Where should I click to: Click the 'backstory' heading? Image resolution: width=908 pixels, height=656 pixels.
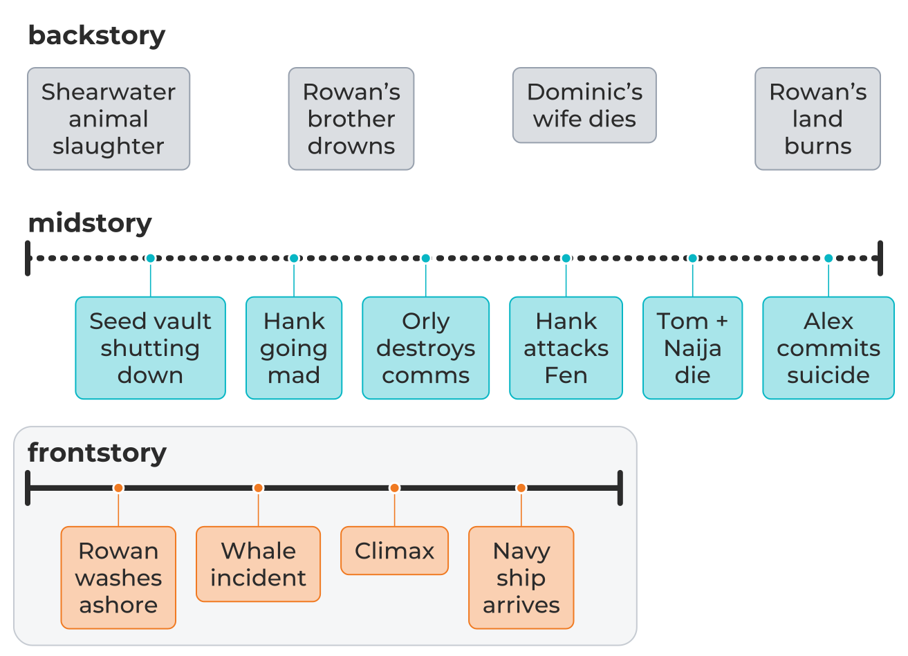(97, 36)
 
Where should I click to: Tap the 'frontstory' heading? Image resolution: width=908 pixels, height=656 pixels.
(98, 453)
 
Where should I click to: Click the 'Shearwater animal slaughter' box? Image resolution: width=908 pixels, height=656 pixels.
(109, 119)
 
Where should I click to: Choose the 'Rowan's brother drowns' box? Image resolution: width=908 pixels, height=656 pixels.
(351, 119)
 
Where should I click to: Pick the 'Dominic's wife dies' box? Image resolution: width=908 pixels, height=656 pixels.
(584, 105)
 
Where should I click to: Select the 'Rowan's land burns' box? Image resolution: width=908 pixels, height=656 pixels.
(817, 119)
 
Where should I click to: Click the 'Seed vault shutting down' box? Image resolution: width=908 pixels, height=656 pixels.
(150, 348)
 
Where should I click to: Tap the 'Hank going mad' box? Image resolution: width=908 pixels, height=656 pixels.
(294, 348)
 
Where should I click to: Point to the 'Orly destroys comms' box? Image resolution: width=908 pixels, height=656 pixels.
(425, 348)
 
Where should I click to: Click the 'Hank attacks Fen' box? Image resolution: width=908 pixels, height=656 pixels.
(566, 348)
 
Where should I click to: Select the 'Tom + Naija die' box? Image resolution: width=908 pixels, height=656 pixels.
(693, 348)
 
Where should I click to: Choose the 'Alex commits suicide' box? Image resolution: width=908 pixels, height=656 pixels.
(828, 348)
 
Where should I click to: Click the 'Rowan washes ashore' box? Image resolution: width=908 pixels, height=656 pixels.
(118, 578)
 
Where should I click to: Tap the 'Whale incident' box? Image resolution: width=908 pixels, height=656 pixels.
(258, 564)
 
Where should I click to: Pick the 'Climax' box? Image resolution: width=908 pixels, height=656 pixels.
(394, 551)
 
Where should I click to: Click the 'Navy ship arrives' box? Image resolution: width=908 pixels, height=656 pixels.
(521, 578)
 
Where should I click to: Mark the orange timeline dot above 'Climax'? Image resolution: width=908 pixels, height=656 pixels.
(394, 488)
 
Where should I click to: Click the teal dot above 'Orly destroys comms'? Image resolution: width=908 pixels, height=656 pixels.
(425, 258)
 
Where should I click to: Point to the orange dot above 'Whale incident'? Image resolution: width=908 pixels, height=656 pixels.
(258, 488)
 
